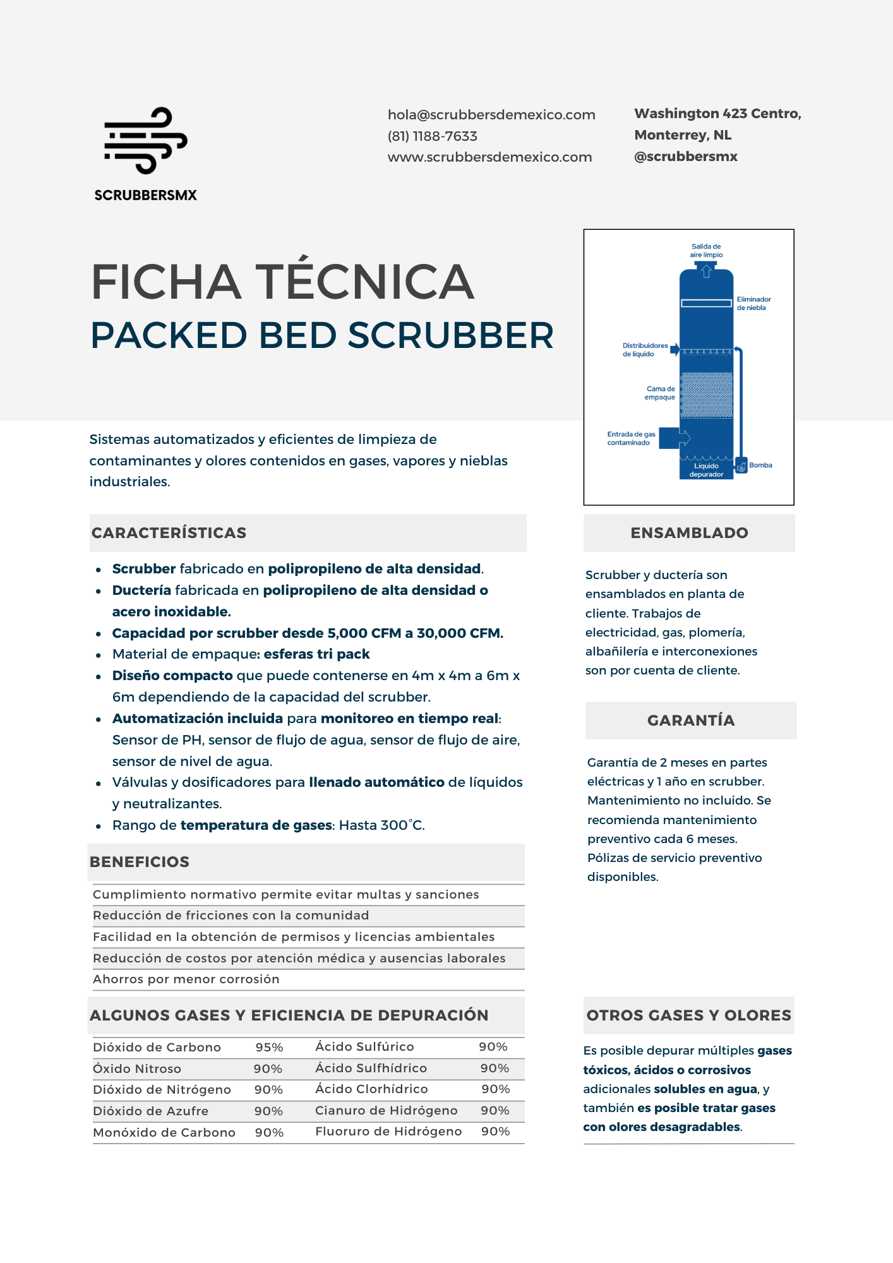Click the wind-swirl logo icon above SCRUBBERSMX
pyautogui.click(x=146, y=140)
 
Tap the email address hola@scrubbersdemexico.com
pyautogui.click(x=491, y=115)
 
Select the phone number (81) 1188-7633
pyautogui.click(x=433, y=136)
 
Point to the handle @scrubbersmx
pyautogui.click(x=686, y=157)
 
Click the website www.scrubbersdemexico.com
pyautogui.click(x=489, y=157)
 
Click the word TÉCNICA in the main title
pyautogui.click(x=364, y=282)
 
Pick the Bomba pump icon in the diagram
pyautogui.click(x=741, y=466)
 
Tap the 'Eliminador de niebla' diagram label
pyautogui.click(x=753, y=304)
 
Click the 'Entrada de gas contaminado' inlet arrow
pyautogui.click(x=674, y=438)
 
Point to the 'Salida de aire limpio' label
pyautogui.click(x=706, y=251)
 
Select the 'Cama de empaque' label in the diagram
pyautogui.click(x=660, y=393)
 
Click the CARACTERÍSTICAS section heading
pyautogui.click(x=169, y=533)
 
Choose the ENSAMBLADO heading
pyautogui.click(x=689, y=533)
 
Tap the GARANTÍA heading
pyautogui.click(x=691, y=721)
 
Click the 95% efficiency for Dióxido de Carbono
pyautogui.click(x=269, y=1048)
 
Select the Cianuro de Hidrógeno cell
pyautogui.click(x=386, y=1111)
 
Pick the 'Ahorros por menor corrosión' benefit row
pyautogui.click(x=186, y=979)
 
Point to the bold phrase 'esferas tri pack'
pyautogui.click(x=316, y=654)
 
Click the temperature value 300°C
pyautogui.click(x=402, y=825)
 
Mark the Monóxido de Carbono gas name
pyautogui.click(x=164, y=1133)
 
